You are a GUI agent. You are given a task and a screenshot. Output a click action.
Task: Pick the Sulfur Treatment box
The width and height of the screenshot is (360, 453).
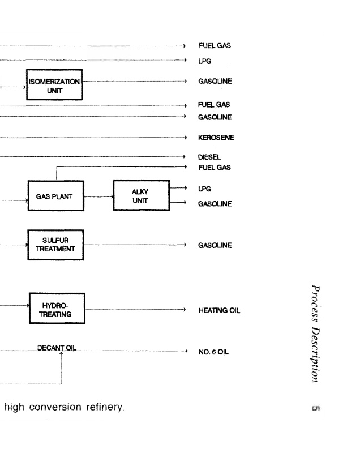(55, 244)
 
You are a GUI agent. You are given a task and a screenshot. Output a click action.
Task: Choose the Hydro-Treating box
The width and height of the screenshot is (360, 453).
(56, 309)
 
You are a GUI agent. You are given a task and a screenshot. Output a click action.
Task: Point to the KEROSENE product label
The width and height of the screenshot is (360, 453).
(216, 138)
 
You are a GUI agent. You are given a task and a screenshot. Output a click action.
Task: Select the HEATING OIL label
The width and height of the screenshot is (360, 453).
(219, 310)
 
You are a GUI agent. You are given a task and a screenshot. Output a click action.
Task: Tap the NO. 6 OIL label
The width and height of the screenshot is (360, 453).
(213, 352)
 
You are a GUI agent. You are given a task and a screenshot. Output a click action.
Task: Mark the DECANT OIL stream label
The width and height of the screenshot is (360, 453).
(57, 347)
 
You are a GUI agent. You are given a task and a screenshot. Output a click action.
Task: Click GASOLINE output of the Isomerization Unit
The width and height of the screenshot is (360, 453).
(215, 81)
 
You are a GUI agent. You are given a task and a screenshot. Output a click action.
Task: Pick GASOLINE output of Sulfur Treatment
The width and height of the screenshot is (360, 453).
(215, 246)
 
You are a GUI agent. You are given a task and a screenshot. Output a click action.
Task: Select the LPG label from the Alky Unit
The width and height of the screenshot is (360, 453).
(204, 189)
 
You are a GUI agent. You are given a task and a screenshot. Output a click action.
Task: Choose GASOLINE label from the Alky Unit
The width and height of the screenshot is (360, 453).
(215, 203)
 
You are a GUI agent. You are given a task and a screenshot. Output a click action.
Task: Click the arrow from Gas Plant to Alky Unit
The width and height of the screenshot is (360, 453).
(98, 197)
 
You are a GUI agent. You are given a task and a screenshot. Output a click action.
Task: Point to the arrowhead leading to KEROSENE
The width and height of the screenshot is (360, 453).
(185, 138)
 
